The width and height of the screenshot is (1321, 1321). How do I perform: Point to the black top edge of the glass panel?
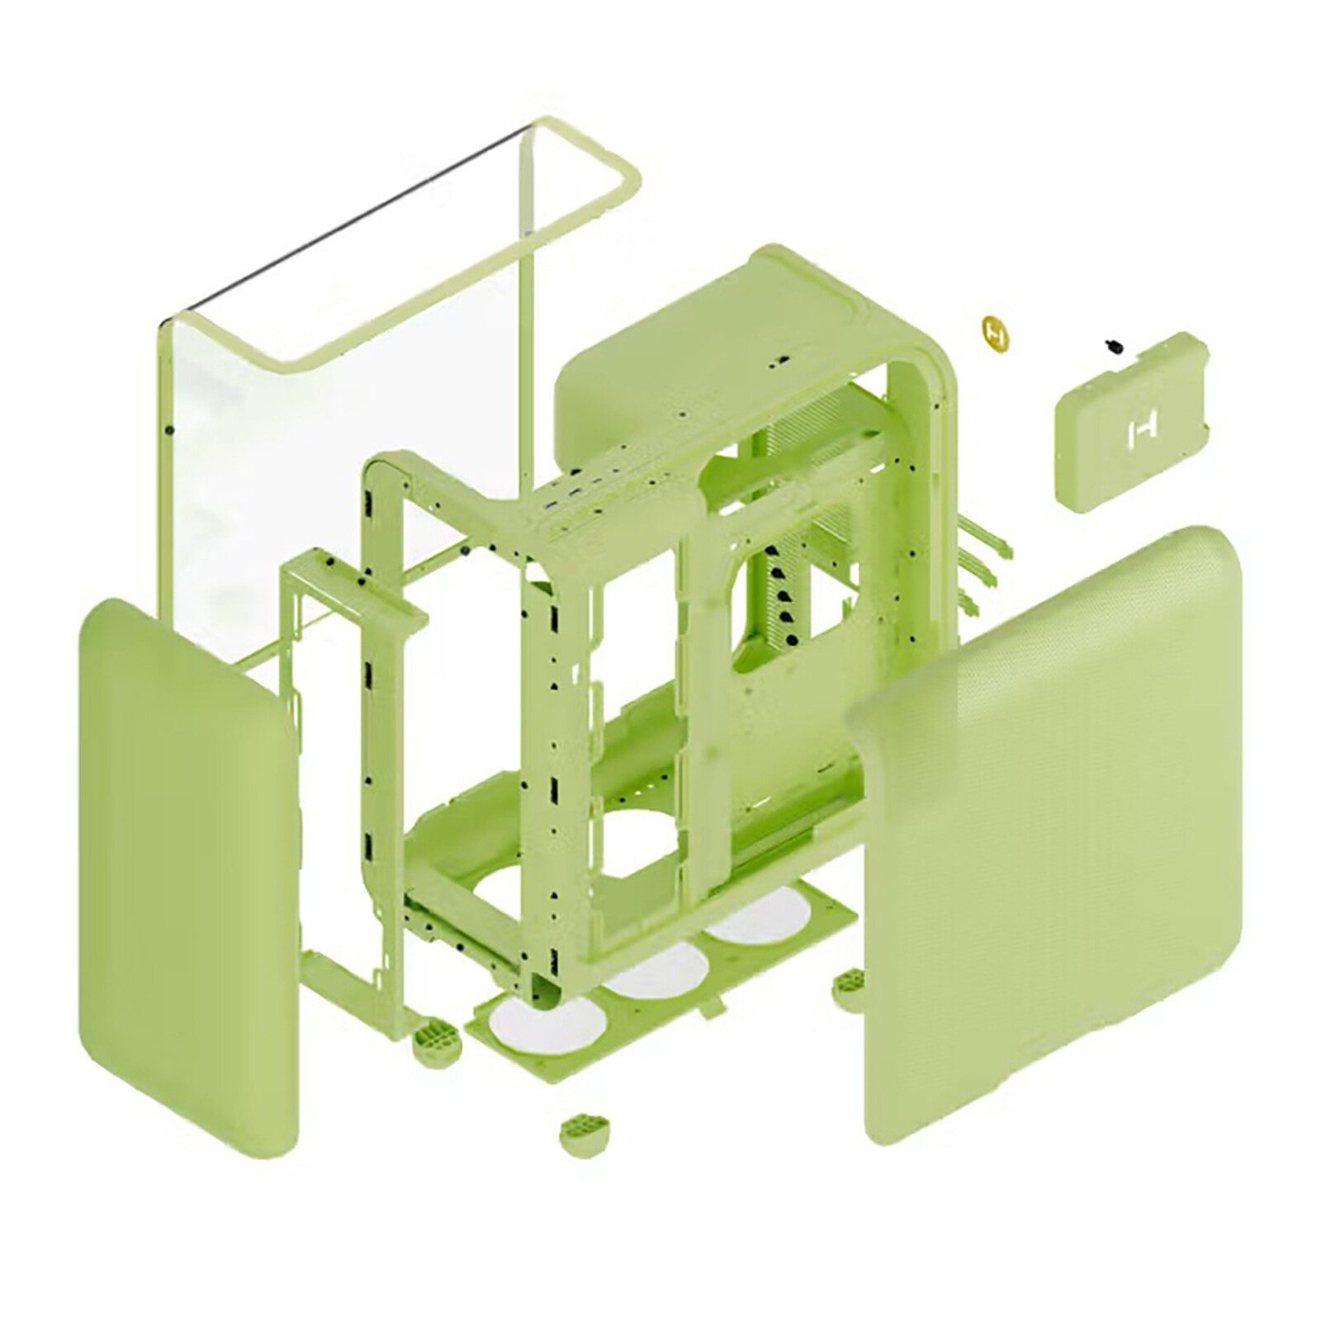(x=347, y=219)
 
